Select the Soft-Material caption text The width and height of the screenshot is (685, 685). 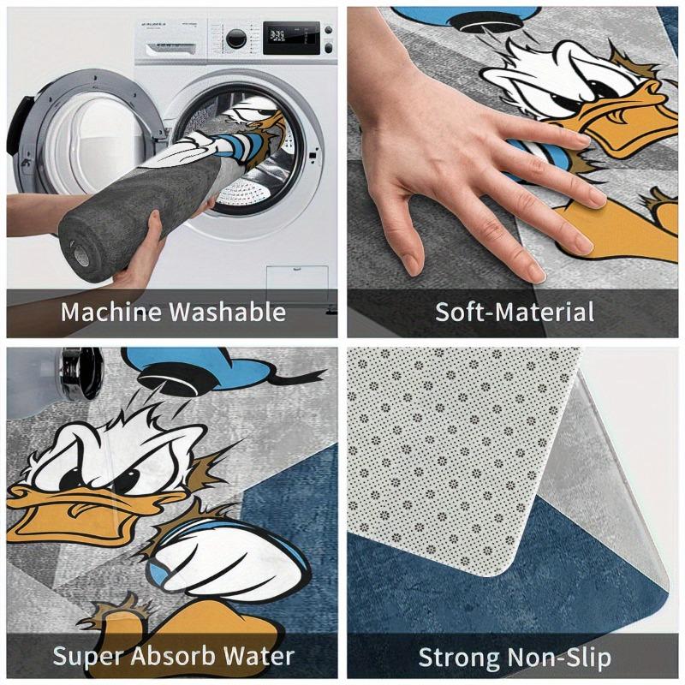(x=514, y=312)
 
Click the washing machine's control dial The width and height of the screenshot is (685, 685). (x=235, y=39)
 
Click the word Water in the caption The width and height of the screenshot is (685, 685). (x=260, y=657)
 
